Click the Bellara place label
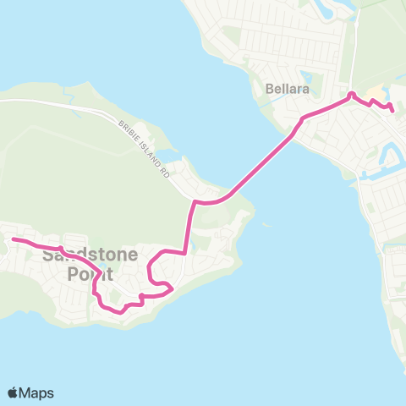coord(283,88)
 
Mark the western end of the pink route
coord(13,240)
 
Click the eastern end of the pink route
coord(392,109)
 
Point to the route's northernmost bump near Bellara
coord(351,94)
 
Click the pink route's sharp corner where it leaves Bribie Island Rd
coord(195,202)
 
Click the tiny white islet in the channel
coord(266,226)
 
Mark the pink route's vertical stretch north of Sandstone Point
coord(188,228)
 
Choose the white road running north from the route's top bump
coord(355,51)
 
